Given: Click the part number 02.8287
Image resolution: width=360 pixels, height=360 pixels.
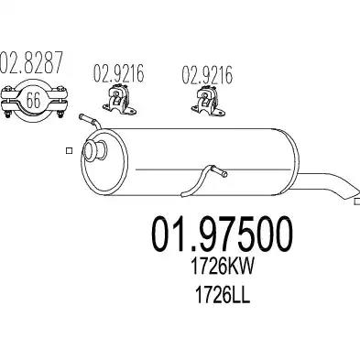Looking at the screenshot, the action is pos(31,62).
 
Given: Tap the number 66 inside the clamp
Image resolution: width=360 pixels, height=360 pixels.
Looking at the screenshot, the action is pos(33,100).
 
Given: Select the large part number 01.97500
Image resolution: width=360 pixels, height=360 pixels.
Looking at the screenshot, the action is pos(222,235).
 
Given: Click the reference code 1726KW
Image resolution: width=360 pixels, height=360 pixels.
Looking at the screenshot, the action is pos(222,267).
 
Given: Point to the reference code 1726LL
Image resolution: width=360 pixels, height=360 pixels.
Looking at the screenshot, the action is pos(223,295).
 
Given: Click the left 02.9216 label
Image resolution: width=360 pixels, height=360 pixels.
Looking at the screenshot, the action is pos(118,73).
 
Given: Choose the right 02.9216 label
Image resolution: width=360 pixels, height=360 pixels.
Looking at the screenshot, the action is pos(207,74).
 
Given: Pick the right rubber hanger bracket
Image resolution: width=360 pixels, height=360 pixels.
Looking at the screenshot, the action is pos(208,101).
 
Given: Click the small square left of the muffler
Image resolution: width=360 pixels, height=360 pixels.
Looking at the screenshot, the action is pos(69,150).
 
